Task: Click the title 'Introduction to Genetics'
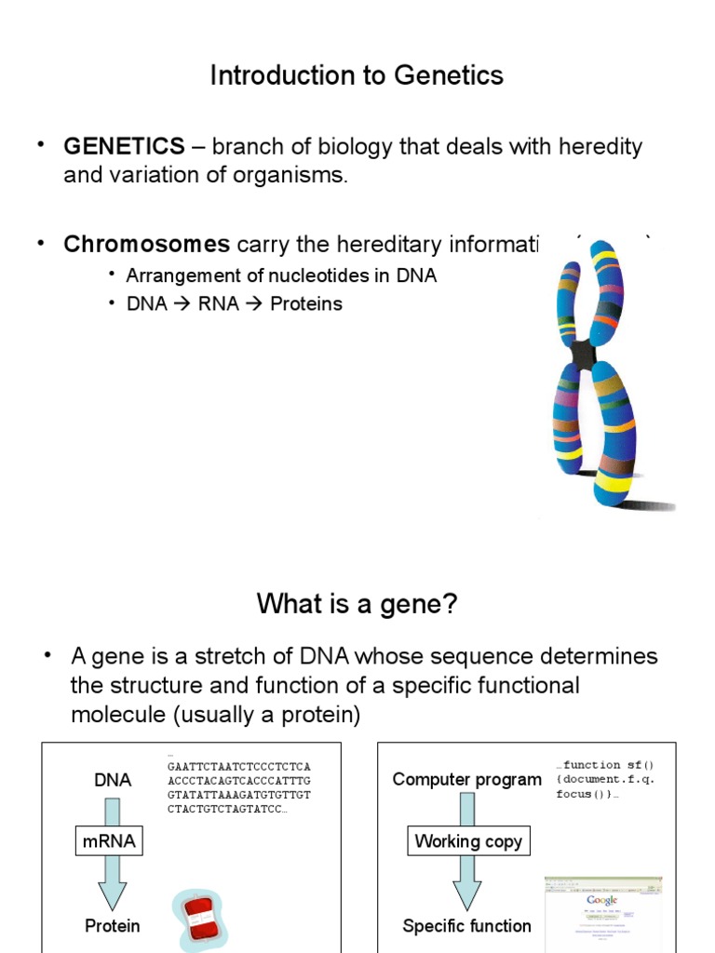click(x=357, y=75)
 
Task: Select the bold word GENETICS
click(x=124, y=147)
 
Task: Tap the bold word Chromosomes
click(x=146, y=245)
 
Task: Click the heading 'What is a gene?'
click(x=357, y=605)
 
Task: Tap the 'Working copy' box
click(x=468, y=841)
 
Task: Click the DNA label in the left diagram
click(x=113, y=780)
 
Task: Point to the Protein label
click(x=113, y=926)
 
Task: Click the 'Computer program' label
click(x=466, y=780)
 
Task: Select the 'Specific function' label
click(x=466, y=926)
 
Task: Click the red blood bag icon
click(x=197, y=919)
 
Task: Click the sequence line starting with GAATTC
click(x=238, y=767)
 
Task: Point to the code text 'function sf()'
click(x=610, y=765)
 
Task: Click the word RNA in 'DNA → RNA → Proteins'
click(x=219, y=304)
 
